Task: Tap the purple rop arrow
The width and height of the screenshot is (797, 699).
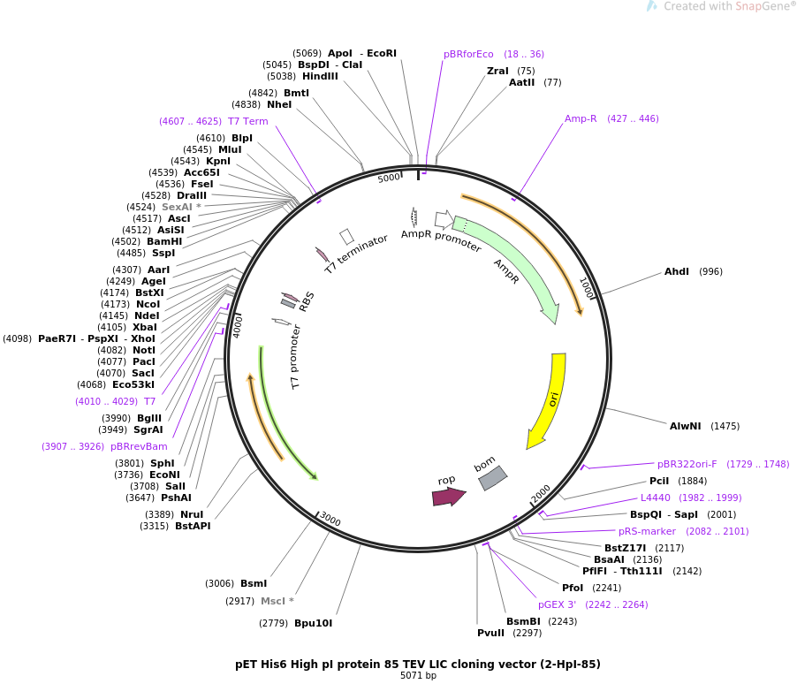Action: coord(448,497)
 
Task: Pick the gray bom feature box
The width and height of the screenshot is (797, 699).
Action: coord(492,477)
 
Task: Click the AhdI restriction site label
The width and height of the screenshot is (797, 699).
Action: coord(677,271)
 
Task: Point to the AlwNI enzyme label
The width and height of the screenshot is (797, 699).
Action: coord(685,426)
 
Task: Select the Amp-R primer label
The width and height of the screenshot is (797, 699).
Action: coord(581,118)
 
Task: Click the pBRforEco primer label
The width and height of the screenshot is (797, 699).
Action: coord(468,54)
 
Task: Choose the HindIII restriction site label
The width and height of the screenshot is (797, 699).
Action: coord(320,76)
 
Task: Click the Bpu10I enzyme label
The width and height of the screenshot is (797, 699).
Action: coord(313,623)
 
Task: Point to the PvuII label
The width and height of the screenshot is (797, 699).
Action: coord(490,633)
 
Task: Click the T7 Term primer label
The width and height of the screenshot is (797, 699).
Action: coord(247,121)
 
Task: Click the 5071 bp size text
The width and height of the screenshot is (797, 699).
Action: coord(418,676)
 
